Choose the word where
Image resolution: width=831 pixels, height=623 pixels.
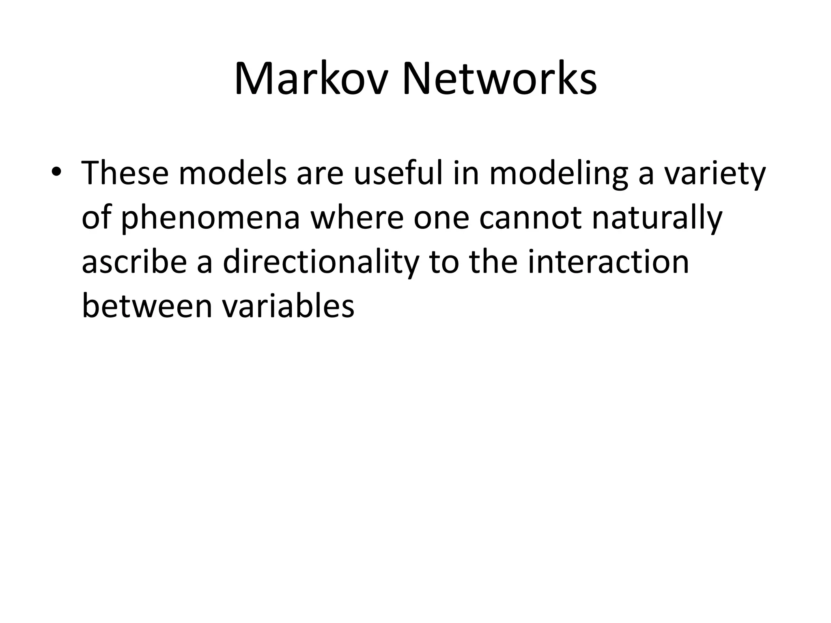(x=357, y=217)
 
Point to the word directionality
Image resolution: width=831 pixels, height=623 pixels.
(x=321, y=262)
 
